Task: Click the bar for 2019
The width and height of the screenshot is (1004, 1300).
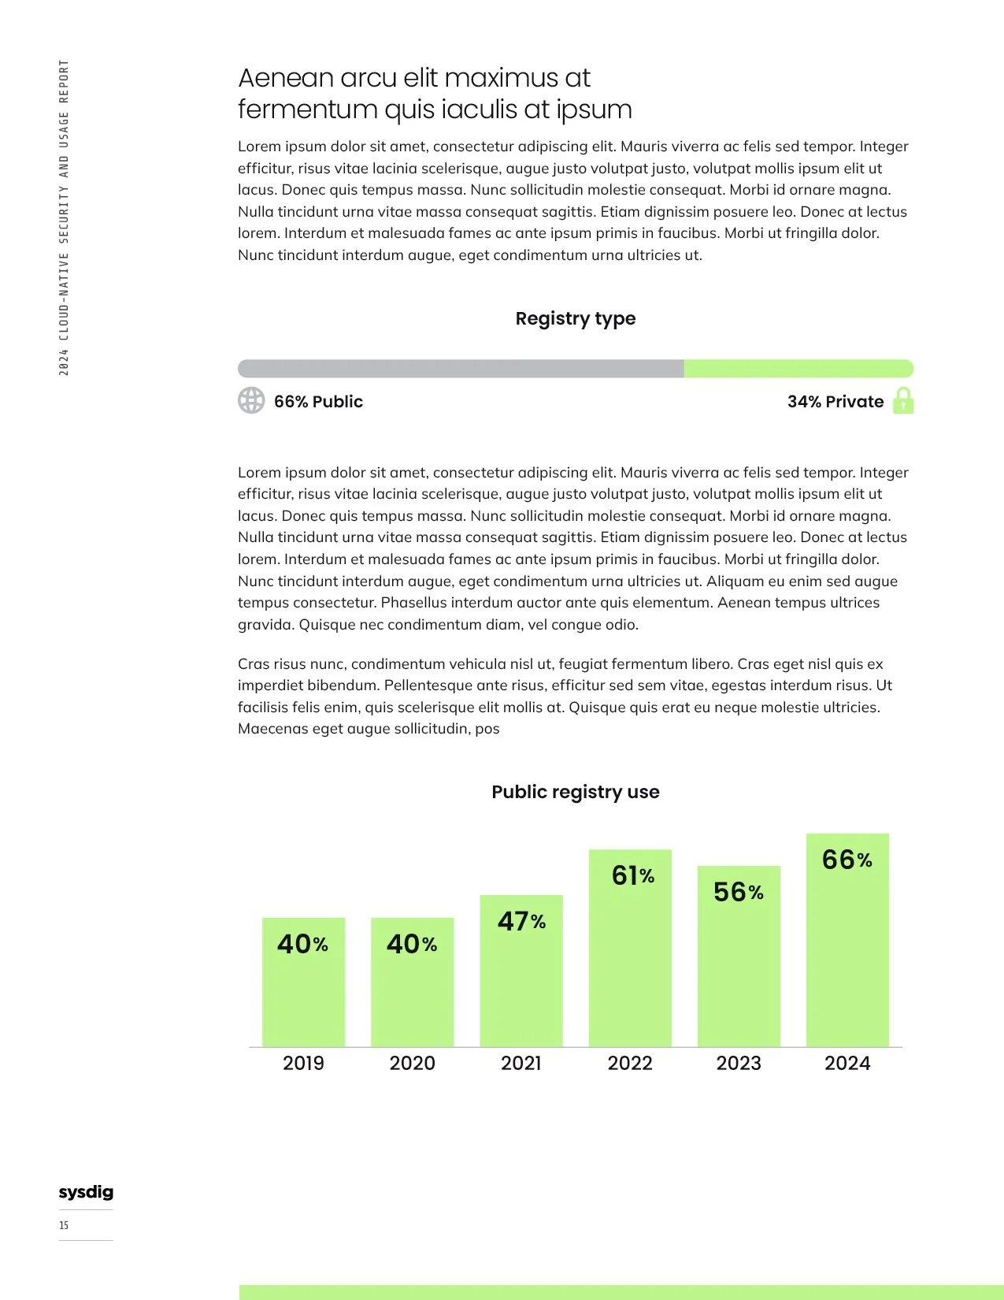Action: [303, 982]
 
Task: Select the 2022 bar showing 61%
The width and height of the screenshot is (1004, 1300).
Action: [630, 948]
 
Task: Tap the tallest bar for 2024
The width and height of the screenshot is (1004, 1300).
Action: [847, 940]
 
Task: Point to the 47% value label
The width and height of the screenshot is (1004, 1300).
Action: [521, 921]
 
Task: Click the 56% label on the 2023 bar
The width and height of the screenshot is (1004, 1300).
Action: [739, 891]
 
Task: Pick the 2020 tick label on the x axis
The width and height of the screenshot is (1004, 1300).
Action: [412, 1063]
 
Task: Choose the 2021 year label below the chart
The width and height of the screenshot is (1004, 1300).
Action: [521, 1063]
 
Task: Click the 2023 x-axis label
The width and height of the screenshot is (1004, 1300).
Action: [739, 1063]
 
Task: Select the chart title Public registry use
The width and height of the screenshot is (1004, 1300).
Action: [576, 792]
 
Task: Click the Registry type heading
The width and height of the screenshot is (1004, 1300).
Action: [576, 318]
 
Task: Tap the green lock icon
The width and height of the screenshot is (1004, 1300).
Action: [903, 400]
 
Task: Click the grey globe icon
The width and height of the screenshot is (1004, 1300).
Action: [251, 400]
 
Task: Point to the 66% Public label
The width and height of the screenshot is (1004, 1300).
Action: [318, 402]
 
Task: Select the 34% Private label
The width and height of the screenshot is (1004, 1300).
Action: [835, 402]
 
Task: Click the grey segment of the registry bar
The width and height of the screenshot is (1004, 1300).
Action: [461, 369]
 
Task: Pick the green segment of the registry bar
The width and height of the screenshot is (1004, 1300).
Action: [799, 369]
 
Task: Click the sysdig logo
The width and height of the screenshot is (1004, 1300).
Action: [86, 1192]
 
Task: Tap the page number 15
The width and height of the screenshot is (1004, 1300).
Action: [63, 1225]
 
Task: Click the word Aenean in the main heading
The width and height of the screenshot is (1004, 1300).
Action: [286, 78]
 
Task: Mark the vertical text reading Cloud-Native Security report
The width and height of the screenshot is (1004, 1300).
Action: [64, 217]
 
